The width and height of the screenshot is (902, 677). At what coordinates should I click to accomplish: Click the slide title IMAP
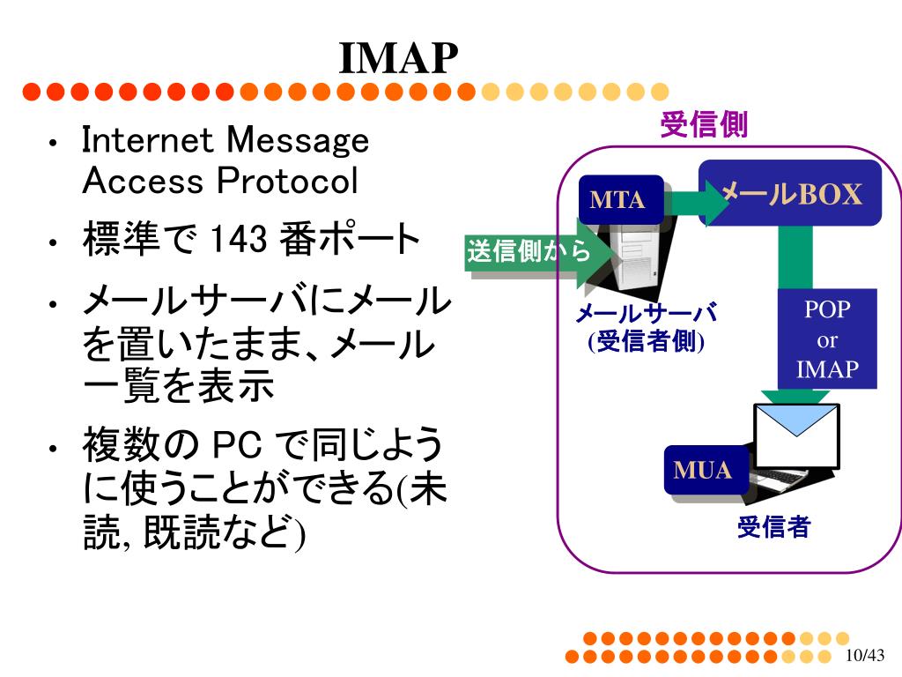pyautogui.click(x=399, y=58)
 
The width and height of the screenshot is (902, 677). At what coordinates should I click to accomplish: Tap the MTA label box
pyautogui.click(x=618, y=199)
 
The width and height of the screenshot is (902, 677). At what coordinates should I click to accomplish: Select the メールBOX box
pyautogui.click(x=790, y=193)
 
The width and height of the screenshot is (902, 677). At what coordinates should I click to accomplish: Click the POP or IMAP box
pyautogui.click(x=826, y=339)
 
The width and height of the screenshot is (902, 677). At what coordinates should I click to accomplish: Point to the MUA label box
pyautogui.click(x=702, y=470)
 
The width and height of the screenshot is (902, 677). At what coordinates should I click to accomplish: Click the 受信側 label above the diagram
pyautogui.click(x=704, y=125)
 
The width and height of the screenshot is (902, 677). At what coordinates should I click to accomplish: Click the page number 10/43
pyautogui.click(x=863, y=656)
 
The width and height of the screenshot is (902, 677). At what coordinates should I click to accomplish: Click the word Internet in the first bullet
pyautogui.click(x=149, y=140)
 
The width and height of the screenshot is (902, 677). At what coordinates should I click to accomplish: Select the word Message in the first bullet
pyautogui.click(x=298, y=140)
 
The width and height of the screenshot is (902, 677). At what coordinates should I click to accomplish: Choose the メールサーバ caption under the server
pyautogui.click(x=646, y=314)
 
